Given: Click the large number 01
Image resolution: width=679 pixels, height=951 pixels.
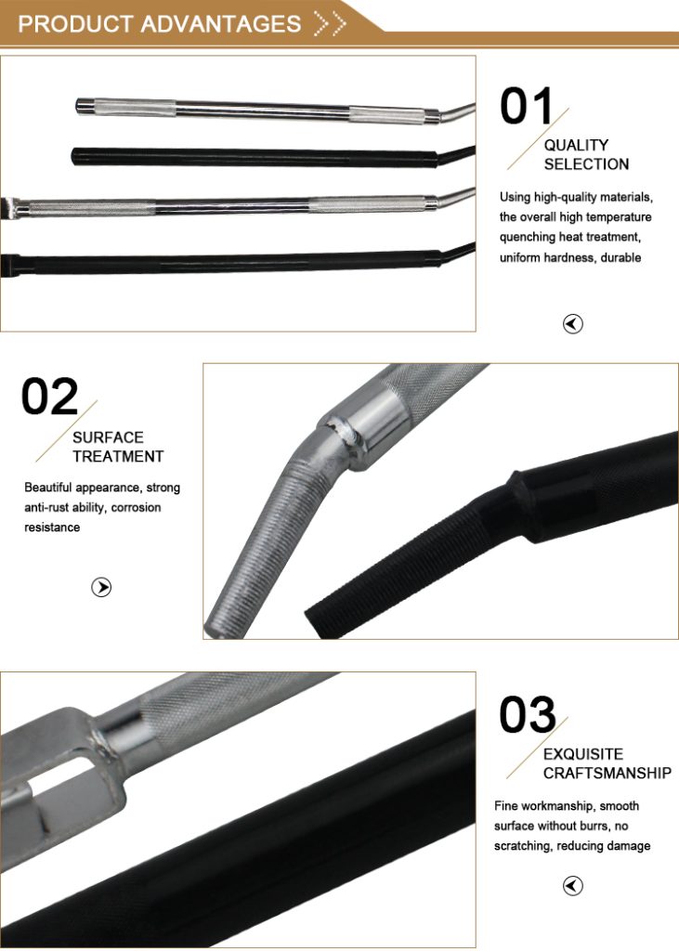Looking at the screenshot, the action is [x=526, y=106].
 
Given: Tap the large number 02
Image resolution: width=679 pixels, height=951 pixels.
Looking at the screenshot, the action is [x=50, y=397].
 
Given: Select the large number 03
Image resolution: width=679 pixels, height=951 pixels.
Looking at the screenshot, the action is [x=528, y=714].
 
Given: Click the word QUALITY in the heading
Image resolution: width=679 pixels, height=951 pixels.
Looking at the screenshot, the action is [x=576, y=145].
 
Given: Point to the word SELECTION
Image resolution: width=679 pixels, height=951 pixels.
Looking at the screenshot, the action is [x=586, y=163].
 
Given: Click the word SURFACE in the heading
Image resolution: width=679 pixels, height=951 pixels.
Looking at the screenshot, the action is [x=108, y=437].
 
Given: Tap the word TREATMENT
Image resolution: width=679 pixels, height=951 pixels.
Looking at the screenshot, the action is [x=118, y=456].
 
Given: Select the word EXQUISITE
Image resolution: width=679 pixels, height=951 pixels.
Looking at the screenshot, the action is [x=583, y=754].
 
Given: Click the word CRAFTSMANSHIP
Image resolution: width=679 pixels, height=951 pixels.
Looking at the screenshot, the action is [x=607, y=773].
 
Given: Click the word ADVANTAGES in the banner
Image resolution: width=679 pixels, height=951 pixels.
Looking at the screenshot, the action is [x=221, y=23].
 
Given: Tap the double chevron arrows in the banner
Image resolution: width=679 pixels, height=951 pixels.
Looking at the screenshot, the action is [x=330, y=23].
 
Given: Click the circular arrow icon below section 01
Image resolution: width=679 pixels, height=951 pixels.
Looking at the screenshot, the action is [x=573, y=324].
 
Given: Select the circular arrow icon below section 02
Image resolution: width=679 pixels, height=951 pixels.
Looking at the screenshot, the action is [x=101, y=587].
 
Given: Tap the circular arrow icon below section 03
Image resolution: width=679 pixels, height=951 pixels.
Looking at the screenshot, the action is [x=573, y=886].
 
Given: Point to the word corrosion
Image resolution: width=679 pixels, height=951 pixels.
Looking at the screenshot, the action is [x=137, y=507].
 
